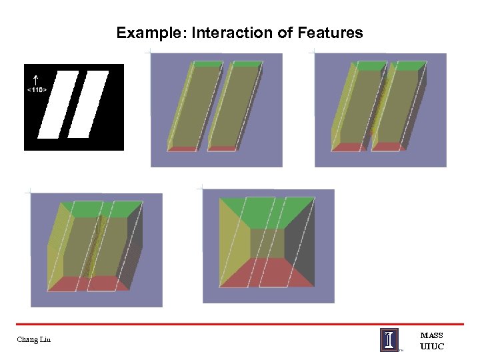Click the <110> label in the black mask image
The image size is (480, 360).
(x=37, y=89)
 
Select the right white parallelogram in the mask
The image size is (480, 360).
(x=89, y=103)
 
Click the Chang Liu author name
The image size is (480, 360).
(x=34, y=341)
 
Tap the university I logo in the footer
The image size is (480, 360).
(x=390, y=339)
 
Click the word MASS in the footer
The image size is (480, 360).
(x=431, y=335)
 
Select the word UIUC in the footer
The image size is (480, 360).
(x=431, y=347)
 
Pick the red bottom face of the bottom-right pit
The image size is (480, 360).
(x=267, y=272)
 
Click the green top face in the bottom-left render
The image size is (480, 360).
(x=100, y=209)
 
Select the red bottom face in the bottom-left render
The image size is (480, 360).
(x=87, y=283)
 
